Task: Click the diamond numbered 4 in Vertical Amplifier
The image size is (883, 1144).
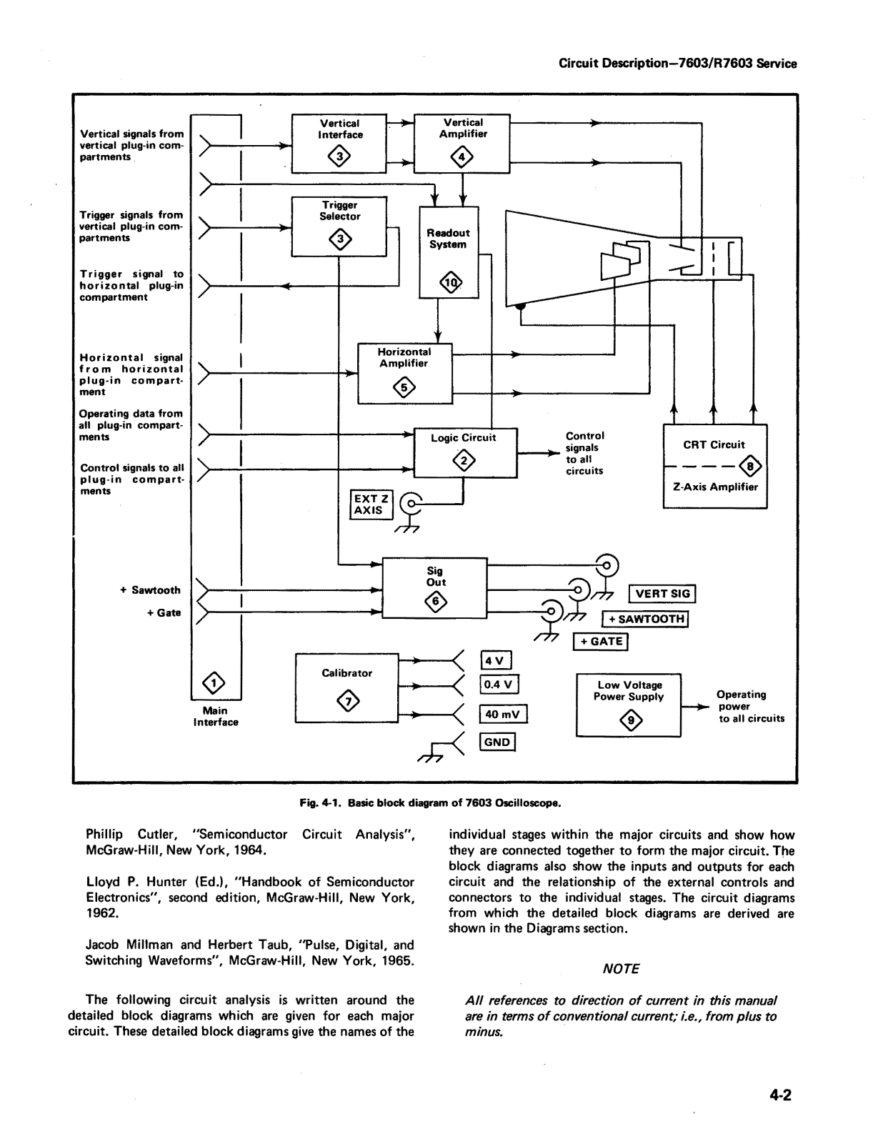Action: tap(462, 157)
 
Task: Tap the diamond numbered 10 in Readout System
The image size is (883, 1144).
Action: tap(451, 283)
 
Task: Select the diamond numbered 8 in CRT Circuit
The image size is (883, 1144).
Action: tap(750, 466)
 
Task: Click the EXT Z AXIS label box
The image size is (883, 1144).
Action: tap(371, 504)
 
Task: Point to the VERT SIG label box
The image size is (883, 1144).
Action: tap(662, 594)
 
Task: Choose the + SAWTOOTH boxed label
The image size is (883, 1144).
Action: tap(645, 619)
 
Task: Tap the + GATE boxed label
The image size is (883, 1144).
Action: tap(600, 641)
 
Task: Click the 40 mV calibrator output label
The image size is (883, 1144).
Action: tap(503, 714)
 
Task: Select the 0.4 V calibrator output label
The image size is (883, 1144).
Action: tap(499, 685)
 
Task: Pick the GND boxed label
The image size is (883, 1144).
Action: tap(497, 742)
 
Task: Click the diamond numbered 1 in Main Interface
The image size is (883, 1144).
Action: tap(214, 683)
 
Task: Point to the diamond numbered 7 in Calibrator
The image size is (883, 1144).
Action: tap(348, 701)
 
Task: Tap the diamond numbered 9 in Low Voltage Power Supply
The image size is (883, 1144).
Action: tap(632, 720)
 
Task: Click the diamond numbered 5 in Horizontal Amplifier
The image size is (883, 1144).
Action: tap(404, 389)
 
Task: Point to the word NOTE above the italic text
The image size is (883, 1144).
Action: tap(621, 969)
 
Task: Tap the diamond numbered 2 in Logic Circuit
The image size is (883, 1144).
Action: tap(464, 461)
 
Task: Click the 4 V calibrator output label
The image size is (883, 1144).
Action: tap(497, 661)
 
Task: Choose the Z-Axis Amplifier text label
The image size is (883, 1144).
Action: tap(715, 487)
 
